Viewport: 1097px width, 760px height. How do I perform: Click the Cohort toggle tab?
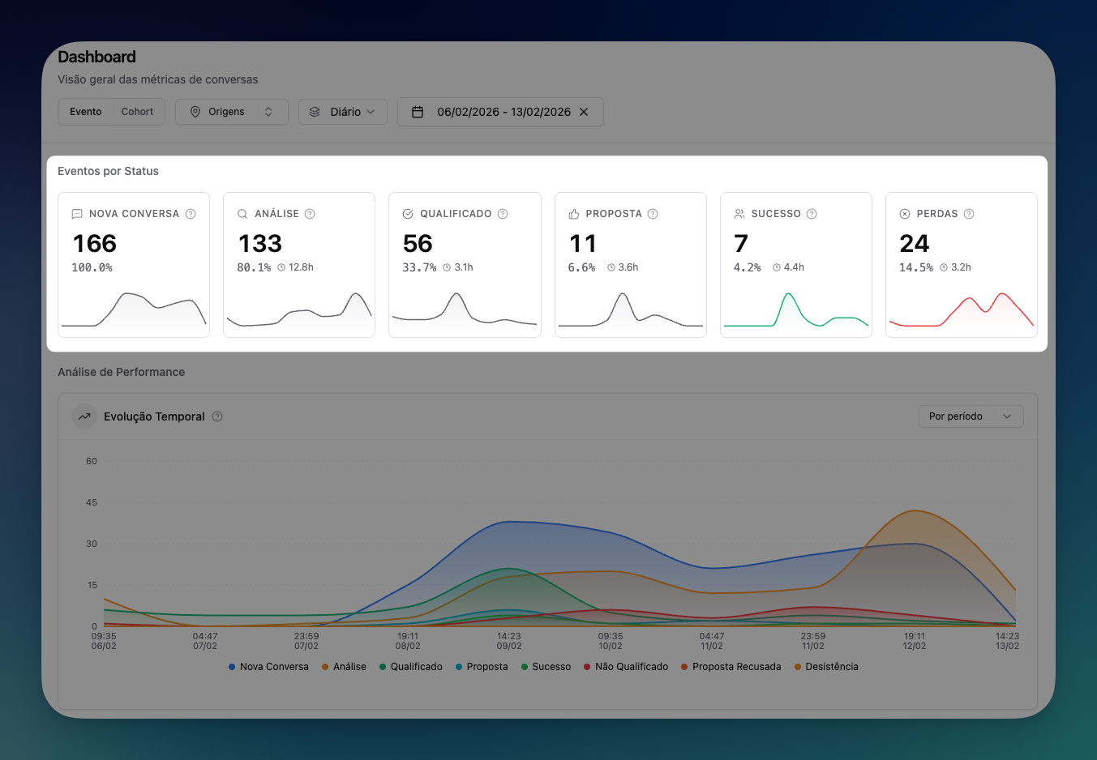pyautogui.click(x=137, y=112)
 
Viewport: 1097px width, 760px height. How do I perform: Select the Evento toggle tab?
pyautogui.click(x=85, y=112)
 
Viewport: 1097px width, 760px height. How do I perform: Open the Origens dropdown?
pyautogui.click(x=231, y=112)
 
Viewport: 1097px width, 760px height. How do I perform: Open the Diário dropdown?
pyautogui.click(x=343, y=112)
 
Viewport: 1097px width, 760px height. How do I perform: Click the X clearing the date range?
pyautogui.click(x=584, y=112)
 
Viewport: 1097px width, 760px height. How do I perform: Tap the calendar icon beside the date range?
pyautogui.click(x=418, y=112)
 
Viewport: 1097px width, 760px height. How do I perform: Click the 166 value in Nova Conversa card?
pyautogui.click(x=95, y=244)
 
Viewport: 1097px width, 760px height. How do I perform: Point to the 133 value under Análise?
pyautogui.click(x=260, y=244)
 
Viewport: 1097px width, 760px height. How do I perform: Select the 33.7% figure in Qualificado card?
pyautogui.click(x=419, y=267)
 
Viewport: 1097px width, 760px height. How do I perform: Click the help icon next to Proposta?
pyautogui.click(x=653, y=214)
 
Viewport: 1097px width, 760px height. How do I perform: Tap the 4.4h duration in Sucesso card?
pyautogui.click(x=793, y=267)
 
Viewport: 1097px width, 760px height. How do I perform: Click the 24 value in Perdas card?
pyautogui.click(x=914, y=244)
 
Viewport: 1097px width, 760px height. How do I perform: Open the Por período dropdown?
pyautogui.click(x=971, y=416)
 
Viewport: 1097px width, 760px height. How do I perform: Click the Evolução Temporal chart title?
pyautogui.click(x=154, y=416)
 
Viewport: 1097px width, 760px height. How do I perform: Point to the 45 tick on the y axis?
pyautogui.click(x=92, y=502)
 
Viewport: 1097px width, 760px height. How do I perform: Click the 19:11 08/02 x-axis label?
pyautogui.click(x=408, y=641)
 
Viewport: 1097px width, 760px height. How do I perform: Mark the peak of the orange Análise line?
pyautogui.click(x=915, y=510)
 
